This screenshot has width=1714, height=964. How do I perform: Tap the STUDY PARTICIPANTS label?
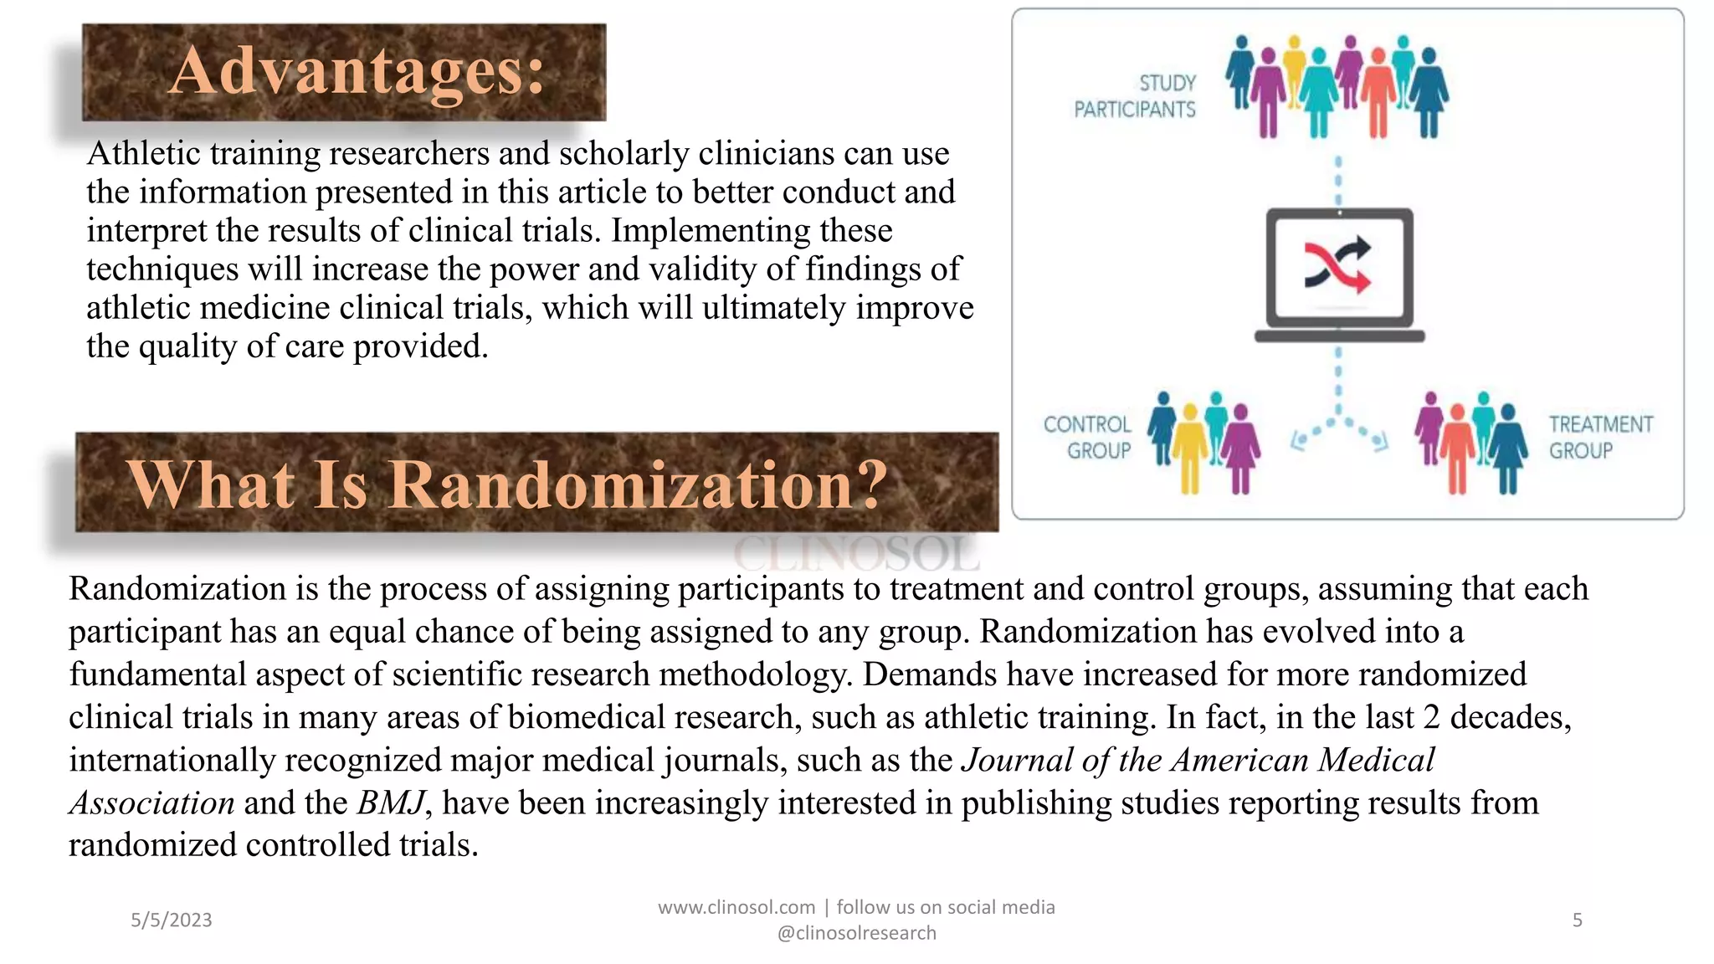1136,96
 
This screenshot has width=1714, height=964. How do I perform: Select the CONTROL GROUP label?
1087,438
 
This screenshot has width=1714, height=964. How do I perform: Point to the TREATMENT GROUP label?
1599,438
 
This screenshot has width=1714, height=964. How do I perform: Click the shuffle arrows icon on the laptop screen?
1338,265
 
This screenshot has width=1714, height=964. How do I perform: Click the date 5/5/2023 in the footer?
172,920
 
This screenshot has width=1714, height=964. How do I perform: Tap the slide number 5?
1577,920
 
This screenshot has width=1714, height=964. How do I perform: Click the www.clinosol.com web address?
736,907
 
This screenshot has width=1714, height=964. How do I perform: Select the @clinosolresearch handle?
856,933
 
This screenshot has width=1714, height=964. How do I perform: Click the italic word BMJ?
391,802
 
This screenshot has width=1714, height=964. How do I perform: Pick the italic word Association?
151,802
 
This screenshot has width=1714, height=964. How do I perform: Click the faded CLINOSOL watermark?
855,552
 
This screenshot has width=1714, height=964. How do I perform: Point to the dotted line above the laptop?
1338,180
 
